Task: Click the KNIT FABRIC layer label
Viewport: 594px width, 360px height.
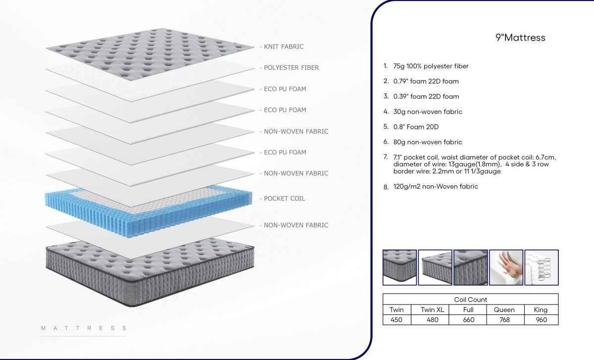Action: (284, 47)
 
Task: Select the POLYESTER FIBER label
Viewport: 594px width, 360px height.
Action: (291, 68)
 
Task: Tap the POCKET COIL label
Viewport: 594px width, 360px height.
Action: (284, 199)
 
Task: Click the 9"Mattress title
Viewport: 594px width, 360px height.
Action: (520, 38)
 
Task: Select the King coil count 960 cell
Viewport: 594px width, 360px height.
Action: (541, 320)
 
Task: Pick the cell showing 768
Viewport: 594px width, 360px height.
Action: (504, 320)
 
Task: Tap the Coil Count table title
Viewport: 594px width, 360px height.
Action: (470, 300)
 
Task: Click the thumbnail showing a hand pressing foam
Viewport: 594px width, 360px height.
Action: (506, 267)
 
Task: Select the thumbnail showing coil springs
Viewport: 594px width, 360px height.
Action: (542, 267)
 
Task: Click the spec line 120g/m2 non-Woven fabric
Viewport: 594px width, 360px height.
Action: (436, 187)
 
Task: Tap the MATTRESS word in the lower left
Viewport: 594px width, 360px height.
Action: (84, 328)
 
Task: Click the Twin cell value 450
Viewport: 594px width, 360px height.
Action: (396, 320)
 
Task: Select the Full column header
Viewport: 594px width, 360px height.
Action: (468, 309)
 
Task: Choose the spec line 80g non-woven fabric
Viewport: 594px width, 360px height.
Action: (428, 142)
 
